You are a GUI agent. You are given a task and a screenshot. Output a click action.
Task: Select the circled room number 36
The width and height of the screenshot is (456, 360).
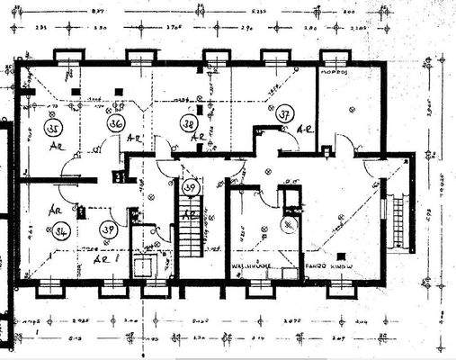[x=115, y=122]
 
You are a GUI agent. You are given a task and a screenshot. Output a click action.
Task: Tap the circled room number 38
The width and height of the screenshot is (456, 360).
[x=189, y=123]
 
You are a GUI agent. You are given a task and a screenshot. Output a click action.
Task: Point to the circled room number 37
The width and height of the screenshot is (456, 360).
[x=283, y=114]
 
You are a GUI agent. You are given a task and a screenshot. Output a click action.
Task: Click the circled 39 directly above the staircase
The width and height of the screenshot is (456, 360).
[x=190, y=187]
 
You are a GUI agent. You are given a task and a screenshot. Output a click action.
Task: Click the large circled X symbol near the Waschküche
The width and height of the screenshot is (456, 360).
[x=289, y=225]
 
